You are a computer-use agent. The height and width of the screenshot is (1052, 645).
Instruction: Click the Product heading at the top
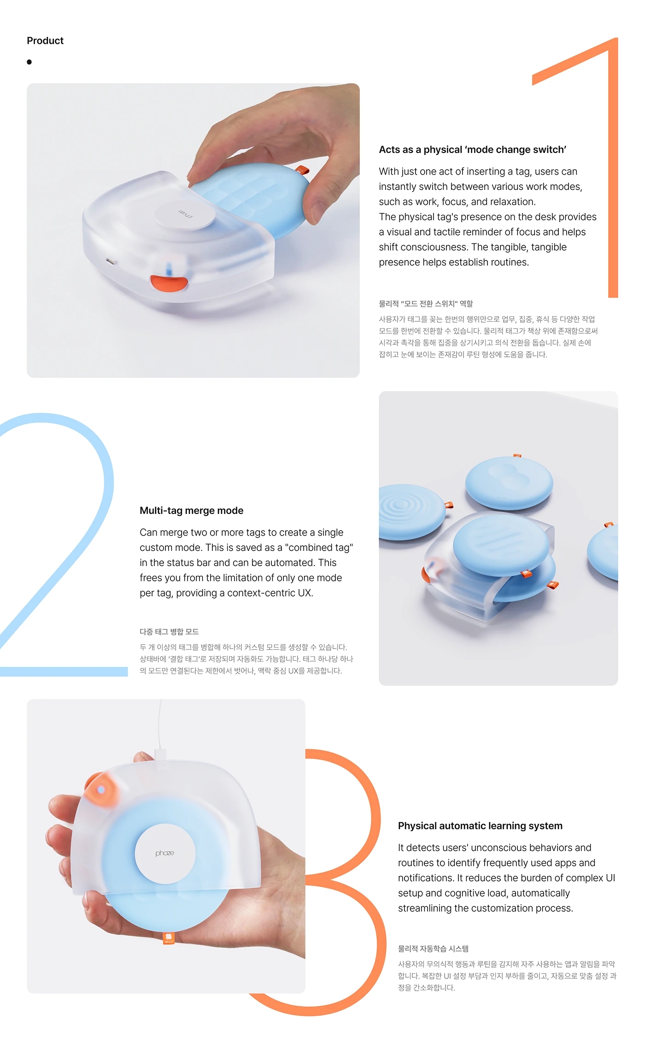click(45, 41)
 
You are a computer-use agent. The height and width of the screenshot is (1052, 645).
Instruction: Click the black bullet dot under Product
click(29, 62)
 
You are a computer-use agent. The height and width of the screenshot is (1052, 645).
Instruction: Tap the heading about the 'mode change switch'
click(472, 150)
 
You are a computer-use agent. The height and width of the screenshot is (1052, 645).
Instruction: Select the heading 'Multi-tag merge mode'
click(191, 511)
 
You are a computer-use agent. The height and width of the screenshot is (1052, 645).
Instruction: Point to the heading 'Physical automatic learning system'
click(480, 826)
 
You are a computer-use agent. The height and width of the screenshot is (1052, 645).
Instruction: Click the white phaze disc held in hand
click(165, 853)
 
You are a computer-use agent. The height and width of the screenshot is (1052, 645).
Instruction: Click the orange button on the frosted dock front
click(169, 283)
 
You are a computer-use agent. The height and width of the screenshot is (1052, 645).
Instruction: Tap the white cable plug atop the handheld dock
click(160, 754)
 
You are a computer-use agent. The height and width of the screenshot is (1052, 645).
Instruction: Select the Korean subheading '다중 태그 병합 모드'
click(169, 632)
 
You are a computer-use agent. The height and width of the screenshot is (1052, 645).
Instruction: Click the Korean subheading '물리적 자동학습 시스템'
click(433, 949)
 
